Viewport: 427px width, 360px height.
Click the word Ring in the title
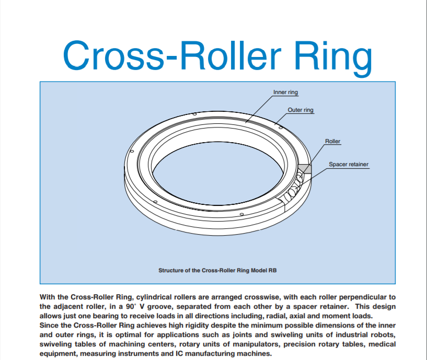pos(333,57)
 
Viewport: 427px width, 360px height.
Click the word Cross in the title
pos(114,55)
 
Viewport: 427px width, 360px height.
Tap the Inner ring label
pos(285,92)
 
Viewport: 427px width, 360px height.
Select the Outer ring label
pos(301,110)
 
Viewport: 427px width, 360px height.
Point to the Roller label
pos(332,141)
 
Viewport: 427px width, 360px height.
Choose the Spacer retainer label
pos(349,164)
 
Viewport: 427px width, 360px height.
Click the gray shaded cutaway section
pos(305,169)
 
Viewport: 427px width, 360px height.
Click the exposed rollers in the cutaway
pos(293,188)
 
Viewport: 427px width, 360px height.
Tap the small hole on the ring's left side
pos(132,151)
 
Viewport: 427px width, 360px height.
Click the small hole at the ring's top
pos(194,114)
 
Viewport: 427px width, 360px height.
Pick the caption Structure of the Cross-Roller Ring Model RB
pos(217,271)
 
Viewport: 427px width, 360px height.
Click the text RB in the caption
pos(273,271)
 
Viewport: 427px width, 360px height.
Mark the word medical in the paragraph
pos(382,344)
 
